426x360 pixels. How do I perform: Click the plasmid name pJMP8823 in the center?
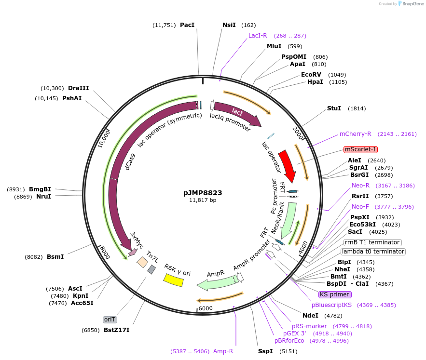coord(203,192)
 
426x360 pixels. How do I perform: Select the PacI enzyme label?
coord(187,25)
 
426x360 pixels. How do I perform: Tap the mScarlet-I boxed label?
coord(361,149)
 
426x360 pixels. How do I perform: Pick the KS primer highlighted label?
coord(335,294)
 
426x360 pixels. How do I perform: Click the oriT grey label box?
coord(110,320)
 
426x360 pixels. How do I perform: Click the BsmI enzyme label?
coord(55,257)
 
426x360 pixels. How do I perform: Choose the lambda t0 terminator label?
coord(373,252)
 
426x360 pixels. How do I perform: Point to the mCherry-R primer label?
coord(356,134)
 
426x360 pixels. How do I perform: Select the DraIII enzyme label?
coord(78,88)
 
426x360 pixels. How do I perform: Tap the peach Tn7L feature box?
coord(142,262)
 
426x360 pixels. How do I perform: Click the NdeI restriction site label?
coord(310,316)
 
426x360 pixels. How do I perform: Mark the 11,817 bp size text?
coord(203,200)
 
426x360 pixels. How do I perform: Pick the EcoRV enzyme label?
coord(311,75)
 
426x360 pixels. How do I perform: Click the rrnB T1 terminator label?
coord(372,242)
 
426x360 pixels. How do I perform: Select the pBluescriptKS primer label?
coord(332,305)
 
